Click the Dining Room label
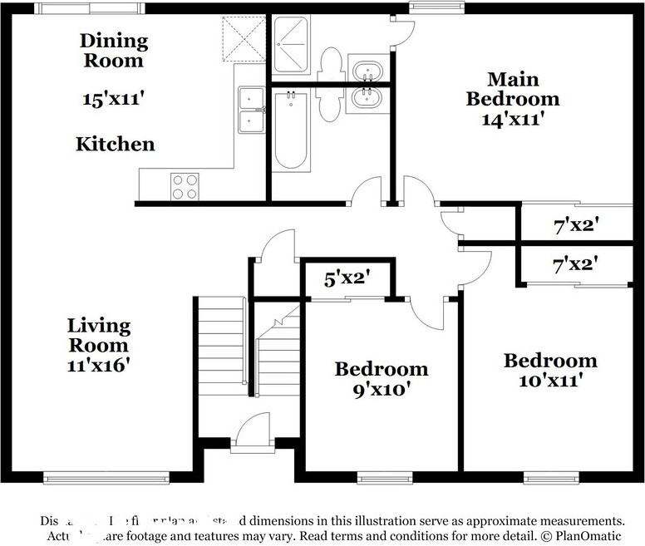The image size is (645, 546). click(114, 50)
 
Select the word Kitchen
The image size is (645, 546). click(116, 144)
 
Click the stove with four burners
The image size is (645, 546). click(185, 185)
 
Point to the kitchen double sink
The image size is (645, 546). click(250, 110)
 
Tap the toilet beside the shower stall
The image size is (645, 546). click(330, 63)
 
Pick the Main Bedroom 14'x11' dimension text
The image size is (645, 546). click(512, 119)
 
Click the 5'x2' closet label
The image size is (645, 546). click(347, 279)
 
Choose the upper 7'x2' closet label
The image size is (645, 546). click(576, 224)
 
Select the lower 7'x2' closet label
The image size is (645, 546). click(576, 265)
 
